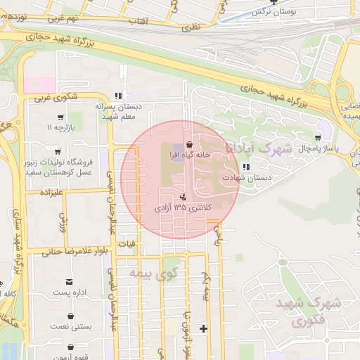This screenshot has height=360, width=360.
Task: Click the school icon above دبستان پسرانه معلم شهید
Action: click(x=119, y=95)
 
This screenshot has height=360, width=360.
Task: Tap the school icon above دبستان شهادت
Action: click(x=245, y=167)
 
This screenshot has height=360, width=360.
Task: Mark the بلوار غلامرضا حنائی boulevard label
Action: click(x=74, y=251)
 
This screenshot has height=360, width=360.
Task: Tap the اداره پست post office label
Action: click(x=70, y=292)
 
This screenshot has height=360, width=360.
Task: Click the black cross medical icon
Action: click(x=204, y=328)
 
